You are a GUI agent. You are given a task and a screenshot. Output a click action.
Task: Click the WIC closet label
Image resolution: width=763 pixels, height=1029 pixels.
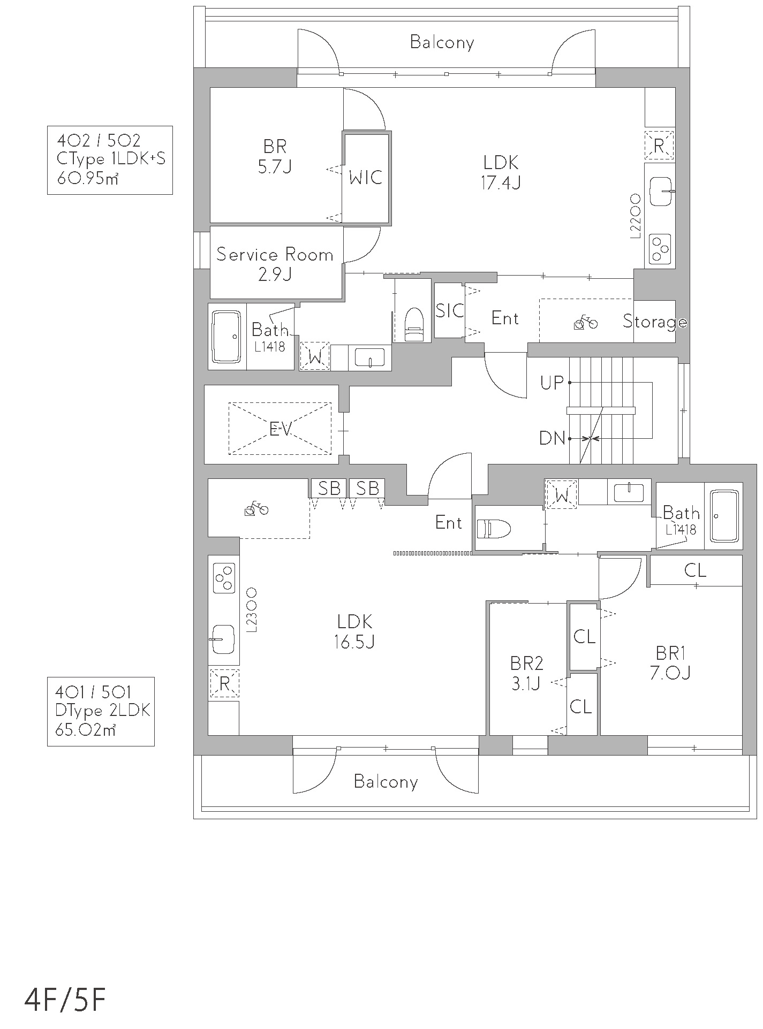(366, 177)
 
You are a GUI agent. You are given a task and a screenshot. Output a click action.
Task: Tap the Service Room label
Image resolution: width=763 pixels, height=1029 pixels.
(275, 255)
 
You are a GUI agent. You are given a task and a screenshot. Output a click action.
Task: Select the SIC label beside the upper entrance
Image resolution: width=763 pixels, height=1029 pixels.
(449, 310)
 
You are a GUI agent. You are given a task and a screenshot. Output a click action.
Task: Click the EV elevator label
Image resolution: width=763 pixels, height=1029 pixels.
(280, 429)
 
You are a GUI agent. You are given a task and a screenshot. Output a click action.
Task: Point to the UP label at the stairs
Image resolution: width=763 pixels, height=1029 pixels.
(552, 383)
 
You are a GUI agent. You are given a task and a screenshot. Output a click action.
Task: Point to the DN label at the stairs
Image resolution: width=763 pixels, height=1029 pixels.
(552, 439)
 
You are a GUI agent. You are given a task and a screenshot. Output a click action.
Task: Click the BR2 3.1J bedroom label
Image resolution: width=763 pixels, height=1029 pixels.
(526, 674)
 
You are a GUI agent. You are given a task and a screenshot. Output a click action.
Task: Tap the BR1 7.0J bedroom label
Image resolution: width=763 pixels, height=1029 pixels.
(670, 662)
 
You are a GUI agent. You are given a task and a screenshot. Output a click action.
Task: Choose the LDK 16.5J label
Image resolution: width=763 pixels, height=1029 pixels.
(354, 631)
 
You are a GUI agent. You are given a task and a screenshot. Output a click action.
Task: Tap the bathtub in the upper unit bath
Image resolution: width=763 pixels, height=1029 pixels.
(228, 337)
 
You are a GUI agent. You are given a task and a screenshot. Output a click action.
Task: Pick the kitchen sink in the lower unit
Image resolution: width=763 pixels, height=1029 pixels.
(223, 639)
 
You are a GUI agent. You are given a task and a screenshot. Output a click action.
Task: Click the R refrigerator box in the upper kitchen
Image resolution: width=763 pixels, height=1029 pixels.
(659, 145)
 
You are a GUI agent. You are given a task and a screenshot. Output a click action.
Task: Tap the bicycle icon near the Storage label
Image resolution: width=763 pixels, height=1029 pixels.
(585, 323)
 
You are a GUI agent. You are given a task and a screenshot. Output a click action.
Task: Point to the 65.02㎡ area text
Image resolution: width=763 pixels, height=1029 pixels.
(86, 729)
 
